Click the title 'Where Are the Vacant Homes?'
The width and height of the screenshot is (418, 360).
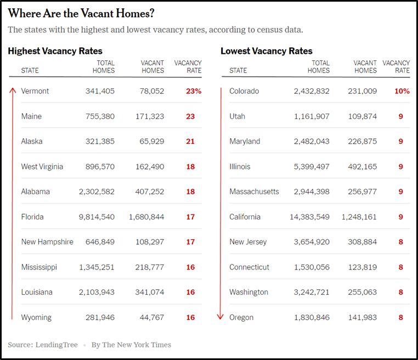81,13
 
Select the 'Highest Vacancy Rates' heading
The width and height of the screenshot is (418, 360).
55,51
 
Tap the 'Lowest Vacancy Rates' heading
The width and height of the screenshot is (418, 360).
267,51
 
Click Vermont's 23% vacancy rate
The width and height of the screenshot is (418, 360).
193,91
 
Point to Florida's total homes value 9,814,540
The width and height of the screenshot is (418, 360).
97,217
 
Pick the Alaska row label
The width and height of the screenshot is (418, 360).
32,141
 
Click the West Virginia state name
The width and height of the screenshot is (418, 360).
42,166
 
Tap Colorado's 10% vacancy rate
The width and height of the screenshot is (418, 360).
402,91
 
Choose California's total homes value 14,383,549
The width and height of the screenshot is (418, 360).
309,217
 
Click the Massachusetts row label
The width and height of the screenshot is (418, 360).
254,192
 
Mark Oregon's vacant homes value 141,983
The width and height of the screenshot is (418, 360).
362,317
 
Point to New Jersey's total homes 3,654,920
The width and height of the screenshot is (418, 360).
312,242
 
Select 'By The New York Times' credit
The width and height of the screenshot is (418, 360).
131,345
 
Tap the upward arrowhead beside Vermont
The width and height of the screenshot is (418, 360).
13,89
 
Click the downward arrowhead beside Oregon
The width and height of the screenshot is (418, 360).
221,316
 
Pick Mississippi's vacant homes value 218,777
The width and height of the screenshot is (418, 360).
147,267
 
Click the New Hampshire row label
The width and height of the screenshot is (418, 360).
47,242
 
